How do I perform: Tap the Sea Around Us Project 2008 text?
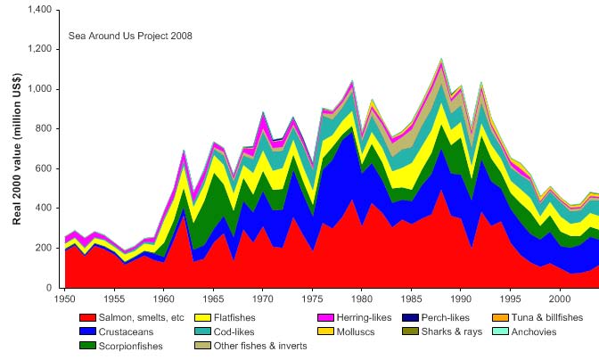click(x=130, y=37)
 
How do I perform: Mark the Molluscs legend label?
click(x=368, y=331)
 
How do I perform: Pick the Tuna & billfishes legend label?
click(x=556, y=317)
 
